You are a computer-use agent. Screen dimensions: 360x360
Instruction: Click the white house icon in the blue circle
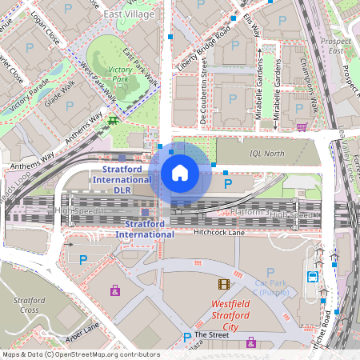180,173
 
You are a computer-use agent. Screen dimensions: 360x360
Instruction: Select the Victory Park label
119,74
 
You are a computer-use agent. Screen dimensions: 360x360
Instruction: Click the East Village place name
127,14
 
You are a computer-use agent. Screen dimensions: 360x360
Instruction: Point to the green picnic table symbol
114,120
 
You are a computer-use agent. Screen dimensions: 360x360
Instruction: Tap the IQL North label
268,154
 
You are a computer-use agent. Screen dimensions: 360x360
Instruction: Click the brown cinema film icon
224,284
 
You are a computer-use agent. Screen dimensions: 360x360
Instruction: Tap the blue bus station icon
312,277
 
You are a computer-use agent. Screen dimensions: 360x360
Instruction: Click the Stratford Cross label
30,305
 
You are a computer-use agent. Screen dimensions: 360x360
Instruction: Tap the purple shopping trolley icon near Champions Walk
301,126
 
